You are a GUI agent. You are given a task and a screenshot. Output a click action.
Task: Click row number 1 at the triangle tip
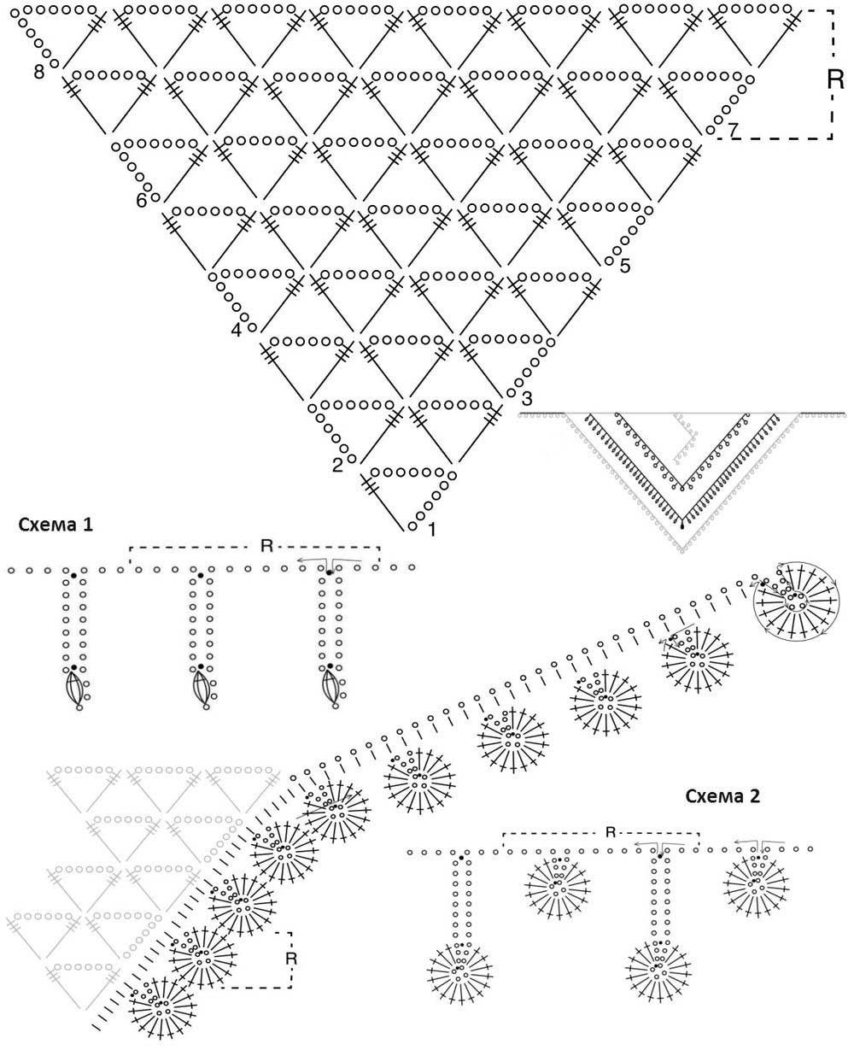[x=431, y=530]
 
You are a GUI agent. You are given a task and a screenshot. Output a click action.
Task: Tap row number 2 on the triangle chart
[x=337, y=466]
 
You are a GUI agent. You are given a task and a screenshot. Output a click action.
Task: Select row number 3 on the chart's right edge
[x=526, y=398]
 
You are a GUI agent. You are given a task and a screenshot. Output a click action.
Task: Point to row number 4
[x=237, y=330]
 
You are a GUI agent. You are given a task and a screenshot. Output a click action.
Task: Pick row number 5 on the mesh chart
[x=625, y=266]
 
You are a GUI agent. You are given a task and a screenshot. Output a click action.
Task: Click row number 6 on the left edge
[x=142, y=202]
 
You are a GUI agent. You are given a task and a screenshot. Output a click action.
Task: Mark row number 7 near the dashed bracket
[x=732, y=130]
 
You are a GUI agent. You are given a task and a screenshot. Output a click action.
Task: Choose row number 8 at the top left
[x=39, y=72]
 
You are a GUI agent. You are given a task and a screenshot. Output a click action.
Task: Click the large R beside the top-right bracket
[x=836, y=79]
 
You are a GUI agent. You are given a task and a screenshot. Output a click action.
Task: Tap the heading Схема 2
[x=722, y=797]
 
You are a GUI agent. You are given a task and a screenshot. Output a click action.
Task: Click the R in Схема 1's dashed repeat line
[x=266, y=545]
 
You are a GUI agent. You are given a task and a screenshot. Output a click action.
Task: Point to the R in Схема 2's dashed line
[x=610, y=832]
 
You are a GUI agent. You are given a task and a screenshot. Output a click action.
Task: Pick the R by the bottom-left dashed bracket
[x=290, y=959]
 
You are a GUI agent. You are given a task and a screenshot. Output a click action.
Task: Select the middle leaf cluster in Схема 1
[x=202, y=689]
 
